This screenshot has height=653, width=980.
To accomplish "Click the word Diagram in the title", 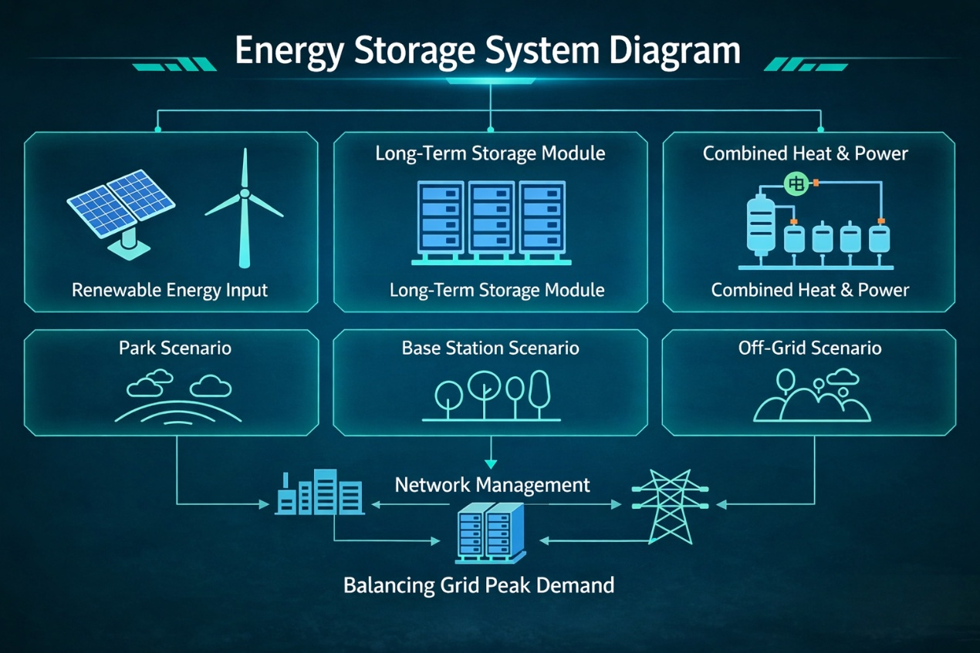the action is point(674,52).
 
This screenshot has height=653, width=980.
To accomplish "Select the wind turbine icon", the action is point(244,208).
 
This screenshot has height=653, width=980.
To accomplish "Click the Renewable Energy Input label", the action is point(170,290).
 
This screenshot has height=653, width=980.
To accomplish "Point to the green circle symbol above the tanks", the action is point(796,183).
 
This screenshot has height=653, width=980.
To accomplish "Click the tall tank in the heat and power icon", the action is point(761,227).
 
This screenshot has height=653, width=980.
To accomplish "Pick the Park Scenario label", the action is point(175,348).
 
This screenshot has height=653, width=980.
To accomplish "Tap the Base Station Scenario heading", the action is point(491,348).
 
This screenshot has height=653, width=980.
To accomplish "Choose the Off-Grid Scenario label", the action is point(809,348).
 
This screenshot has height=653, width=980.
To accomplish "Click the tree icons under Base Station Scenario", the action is point(491,396).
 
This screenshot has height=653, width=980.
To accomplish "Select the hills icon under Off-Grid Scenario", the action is point(812,396).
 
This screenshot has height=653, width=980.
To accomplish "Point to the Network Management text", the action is point(492,485).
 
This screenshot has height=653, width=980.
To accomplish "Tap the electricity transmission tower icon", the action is point(670,507).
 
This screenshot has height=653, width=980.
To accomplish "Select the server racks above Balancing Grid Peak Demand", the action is point(491,534).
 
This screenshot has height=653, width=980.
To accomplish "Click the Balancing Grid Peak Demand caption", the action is point(479,586).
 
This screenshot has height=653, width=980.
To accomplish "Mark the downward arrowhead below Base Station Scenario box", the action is point(491,464).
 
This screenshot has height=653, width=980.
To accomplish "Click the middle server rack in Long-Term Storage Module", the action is point(492,217).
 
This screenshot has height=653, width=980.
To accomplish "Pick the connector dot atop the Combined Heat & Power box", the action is point(821,130).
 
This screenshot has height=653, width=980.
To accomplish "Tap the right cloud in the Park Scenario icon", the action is point(211,385).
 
